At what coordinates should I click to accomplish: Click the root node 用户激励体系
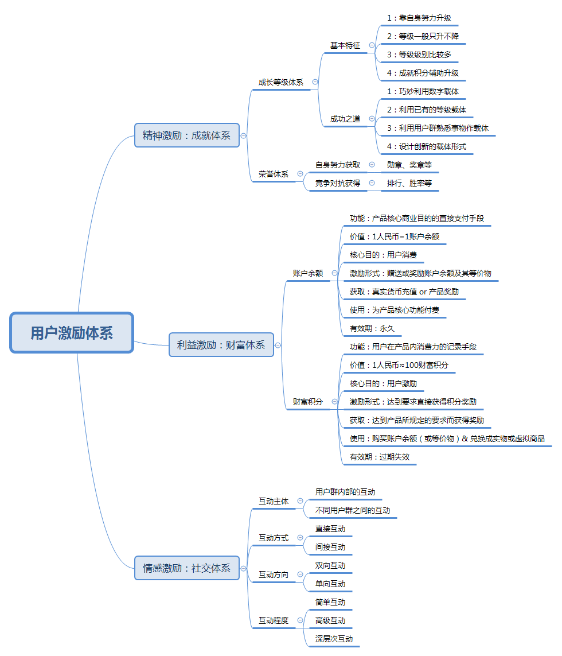point(72,333)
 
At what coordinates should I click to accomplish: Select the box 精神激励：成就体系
point(186,135)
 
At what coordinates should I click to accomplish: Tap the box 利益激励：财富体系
point(221,345)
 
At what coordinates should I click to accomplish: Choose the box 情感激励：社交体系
point(186,568)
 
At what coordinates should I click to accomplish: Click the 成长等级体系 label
point(280,82)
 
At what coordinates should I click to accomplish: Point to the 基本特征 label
point(345,45)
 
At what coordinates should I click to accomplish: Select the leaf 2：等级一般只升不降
point(423,36)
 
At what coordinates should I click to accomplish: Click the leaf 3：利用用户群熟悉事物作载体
point(438,128)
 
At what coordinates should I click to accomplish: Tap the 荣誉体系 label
point(274,174)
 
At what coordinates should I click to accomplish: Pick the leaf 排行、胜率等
point(409,183)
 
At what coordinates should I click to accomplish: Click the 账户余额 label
point(308,273)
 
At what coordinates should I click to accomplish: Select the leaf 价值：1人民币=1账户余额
point(395,236)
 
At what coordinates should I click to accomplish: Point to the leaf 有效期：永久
point(372,328)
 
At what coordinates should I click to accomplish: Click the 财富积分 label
point(308,402)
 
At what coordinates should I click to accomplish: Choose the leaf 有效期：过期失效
point(379,457)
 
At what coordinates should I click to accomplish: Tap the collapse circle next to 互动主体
point(300,501)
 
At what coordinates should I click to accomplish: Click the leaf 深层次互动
point(334,639)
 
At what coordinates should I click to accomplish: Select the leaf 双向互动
point(330,565)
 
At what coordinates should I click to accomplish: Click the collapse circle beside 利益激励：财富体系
point(278,345)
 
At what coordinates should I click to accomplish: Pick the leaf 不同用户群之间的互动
point(353,510)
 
